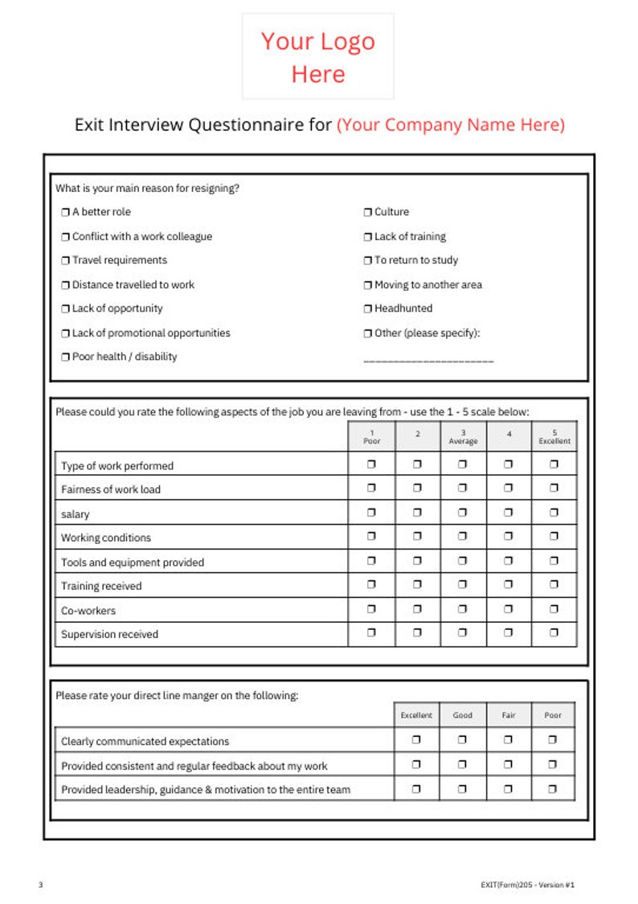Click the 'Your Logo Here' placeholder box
coord(318,56)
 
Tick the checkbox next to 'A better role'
coord(66,212)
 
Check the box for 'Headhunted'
coord(368,309)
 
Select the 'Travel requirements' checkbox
coord(66,260)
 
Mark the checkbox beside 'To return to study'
coord(368,260)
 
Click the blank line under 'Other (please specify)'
coord(428,361)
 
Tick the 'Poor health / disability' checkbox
coord(66,357)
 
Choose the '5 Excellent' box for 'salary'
coord(554,512)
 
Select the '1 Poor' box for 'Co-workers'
coord(371,608)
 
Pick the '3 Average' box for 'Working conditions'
coord(463,536)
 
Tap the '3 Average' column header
coord(463,436)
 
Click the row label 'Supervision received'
coord(109,635)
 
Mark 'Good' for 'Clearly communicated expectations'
coord(462,741)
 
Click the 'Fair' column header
coord(508,715)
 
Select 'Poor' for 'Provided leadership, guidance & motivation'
coord(553,789)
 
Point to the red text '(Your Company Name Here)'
coord(450,125)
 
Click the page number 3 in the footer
coord(40,885)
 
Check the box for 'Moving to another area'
coord(368,285)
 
